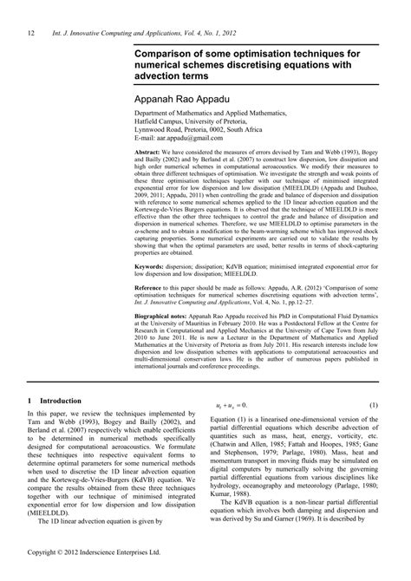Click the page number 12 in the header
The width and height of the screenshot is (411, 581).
(x=30, y=33)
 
